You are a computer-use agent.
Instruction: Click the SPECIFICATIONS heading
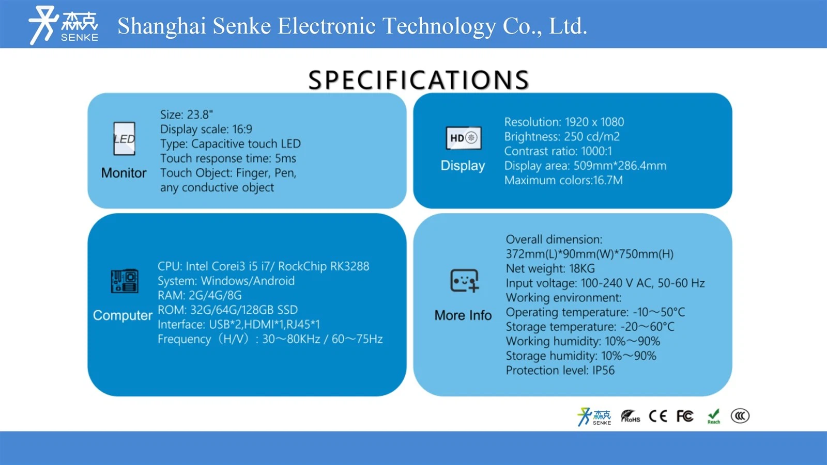(419, 80)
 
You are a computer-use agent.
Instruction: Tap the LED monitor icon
(124, 139)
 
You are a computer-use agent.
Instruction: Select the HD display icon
(463, 138)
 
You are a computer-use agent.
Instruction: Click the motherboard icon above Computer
(125, 281)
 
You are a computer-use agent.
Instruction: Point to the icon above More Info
(465, 281)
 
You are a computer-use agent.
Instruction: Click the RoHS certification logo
(630, 416)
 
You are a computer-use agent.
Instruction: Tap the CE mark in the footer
(657, 416)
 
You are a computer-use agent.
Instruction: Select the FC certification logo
(685, 416)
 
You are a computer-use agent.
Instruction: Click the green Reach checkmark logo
(714, 416)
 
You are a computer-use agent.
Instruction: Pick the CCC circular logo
(740, 416)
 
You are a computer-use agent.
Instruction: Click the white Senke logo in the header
(64, 25)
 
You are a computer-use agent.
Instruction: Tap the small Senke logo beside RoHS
(594, 416)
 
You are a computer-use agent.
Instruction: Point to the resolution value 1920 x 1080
(594, 122)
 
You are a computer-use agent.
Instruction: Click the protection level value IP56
(603, 370)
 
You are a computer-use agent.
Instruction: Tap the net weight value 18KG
(582, 268)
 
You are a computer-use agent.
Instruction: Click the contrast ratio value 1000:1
(596, 151)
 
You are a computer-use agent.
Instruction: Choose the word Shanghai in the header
(162, 26)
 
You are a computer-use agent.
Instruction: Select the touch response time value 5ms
(285, 158)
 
